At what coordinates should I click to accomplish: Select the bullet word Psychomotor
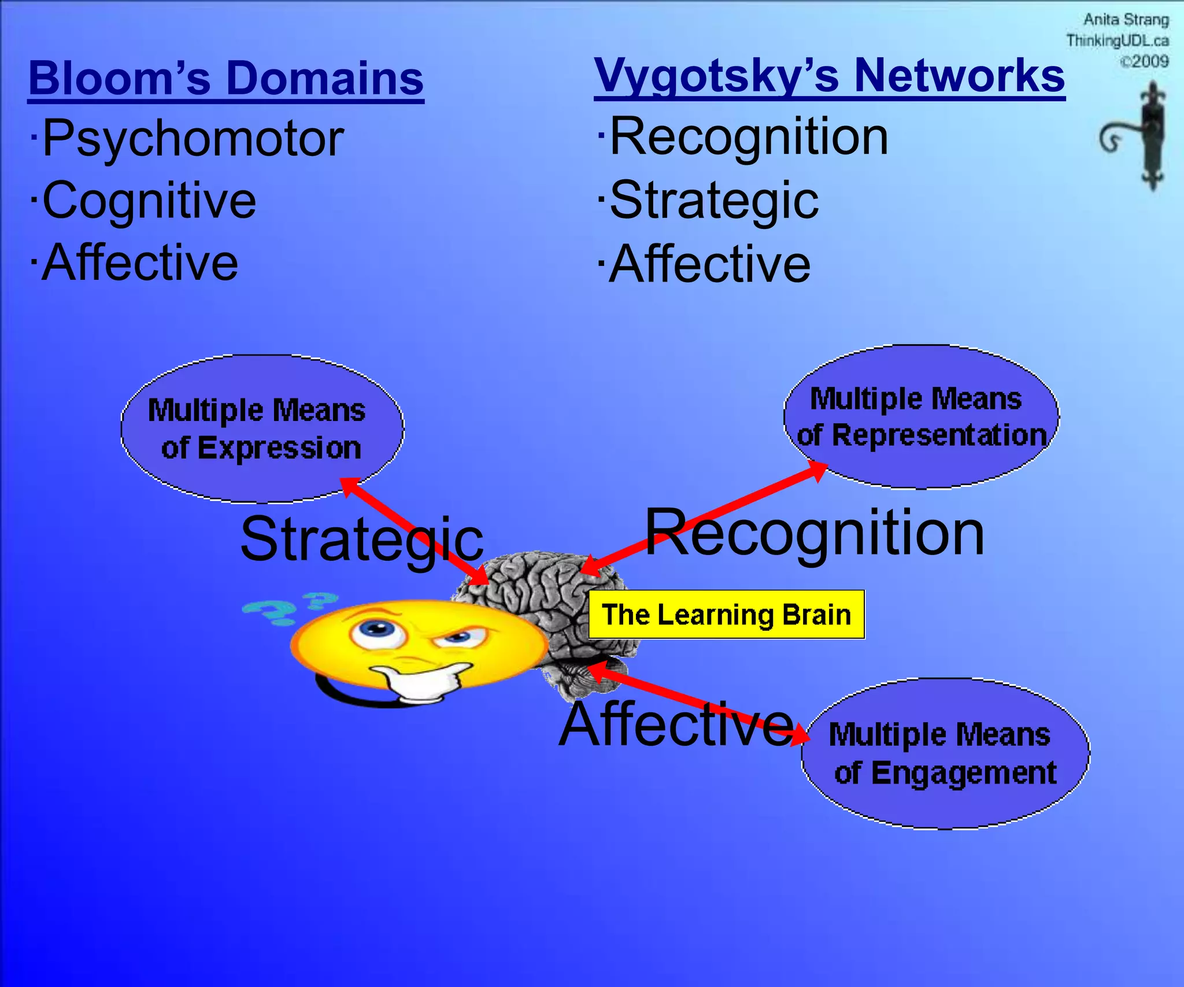[x=193, y=139]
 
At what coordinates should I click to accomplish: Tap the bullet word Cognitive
[x=149, y=201]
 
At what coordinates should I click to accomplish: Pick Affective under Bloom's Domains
[x=140, y=263]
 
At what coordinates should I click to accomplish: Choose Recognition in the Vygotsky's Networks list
[x=749, y=137]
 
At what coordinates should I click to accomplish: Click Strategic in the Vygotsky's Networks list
[x=714, y=201]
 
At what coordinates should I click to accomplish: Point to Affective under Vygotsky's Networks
[x=710, y=264]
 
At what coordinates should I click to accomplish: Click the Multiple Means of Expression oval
[x=261, y=428]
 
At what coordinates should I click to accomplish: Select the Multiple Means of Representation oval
[x=921, y=417]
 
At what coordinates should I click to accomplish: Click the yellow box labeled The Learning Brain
[x=726, y=615]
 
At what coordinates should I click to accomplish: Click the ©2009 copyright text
[x=1144, y=61]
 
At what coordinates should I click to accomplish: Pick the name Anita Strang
[x=1126, y=20]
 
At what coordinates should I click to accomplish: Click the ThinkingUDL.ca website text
[x=1117, y=40]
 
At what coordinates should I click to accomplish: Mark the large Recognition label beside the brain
[x=814, y=533]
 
